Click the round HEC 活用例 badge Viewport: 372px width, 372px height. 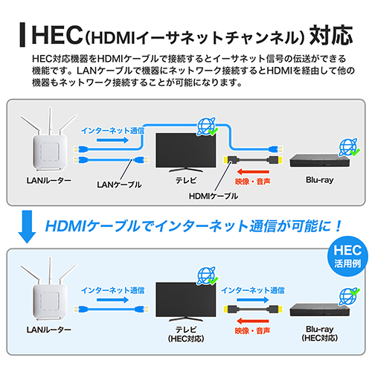pyautogui.click(x=347, y=256)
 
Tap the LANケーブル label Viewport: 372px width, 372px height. pyautogui.click(x=119, y=185)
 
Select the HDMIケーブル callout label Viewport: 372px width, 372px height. pyautogui.click(x=214, y=196)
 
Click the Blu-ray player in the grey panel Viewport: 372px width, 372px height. pyautogui.click(x=320, y=161)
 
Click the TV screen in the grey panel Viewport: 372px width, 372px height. pyautogui.click(x=186, y=150)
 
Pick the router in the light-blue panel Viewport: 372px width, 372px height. pyautogui.click(x=50, y=289)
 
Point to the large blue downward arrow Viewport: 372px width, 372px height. pyautogui.click(x=27, y=227)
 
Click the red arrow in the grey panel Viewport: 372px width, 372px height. pyautogui.click(x=253, y=172)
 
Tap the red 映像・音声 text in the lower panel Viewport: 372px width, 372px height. pyautogui.click(x=252, y=331)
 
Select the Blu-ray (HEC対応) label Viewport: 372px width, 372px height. pyautogui.click(x=320, y=333)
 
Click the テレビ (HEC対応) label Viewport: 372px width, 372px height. pyautogui.click(x=186, y=334)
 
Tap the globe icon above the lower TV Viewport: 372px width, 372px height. pyautogui.click(x=207, y=276)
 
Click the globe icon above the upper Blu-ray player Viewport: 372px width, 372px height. pyautogui.click(x=349, y=147)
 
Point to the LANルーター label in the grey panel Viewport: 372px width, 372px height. pyautogui.click(x=49, y=180)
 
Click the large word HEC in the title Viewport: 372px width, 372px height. pyautogui.click(x=57, y=35)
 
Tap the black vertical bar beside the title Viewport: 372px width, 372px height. pyautogui.click(x=22, y=35)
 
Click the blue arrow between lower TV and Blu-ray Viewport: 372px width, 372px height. pyautogui.click(x=253, y=300)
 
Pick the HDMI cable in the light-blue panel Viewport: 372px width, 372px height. pyautogui.click(x=253, y=310)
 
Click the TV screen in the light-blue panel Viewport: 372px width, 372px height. pyautogui.click(x=186, y=300)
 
